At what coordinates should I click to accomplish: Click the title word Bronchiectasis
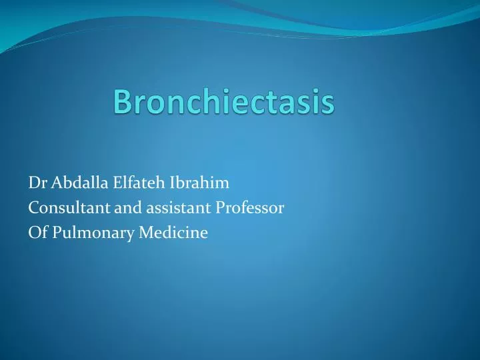[x=223, y=102]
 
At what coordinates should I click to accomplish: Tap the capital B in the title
[x=122, y=102]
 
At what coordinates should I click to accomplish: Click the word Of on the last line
[x=37, y=233]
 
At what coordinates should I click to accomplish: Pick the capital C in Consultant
[x=33, y=208]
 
